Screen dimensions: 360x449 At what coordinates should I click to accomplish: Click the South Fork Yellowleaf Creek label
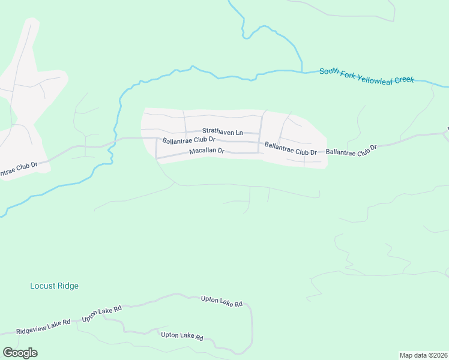[x=366, y=76]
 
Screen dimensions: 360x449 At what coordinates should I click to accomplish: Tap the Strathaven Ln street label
[x=222, y=131]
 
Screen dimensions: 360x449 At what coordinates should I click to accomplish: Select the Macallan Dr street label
[x=206, y=151]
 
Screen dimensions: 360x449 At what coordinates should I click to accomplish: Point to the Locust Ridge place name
[x=54, y=286]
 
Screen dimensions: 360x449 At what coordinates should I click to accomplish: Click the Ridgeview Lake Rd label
[x=43, y=326]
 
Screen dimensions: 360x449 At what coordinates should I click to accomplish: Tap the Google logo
[x=20, y=353]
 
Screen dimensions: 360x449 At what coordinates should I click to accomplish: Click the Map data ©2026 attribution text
[x=423, y=355]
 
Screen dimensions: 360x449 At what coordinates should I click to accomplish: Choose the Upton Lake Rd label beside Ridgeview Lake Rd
[x=102, y=313]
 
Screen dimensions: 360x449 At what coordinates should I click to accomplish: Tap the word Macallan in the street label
[x=202, y=151]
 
